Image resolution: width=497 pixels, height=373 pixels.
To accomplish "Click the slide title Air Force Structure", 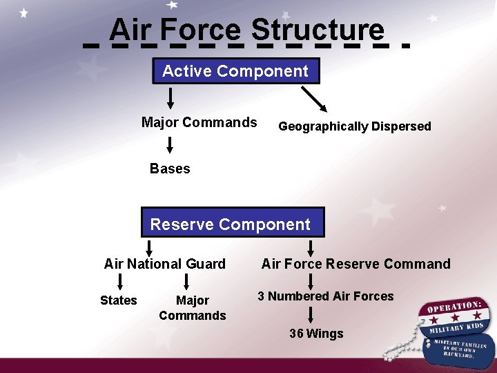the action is click(246, 30).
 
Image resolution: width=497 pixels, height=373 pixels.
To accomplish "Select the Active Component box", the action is click(235, 71).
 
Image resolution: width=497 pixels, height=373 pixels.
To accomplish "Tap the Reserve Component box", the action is click(231, 224).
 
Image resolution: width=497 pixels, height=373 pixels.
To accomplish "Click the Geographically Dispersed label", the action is click(354, 126).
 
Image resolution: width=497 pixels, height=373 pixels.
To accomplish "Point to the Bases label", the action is click(170, 169).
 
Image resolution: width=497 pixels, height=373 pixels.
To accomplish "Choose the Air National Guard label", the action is click(164, 264).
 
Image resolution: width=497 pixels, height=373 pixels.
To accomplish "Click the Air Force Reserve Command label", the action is click(355, 264).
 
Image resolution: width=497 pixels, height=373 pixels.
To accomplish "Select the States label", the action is click(119, 300).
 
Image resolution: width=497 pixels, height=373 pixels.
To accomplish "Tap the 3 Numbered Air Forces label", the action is click(326, 296).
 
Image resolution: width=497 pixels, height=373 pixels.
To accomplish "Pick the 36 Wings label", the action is click(316, 334).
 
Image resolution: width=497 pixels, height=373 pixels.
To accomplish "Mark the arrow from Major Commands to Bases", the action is click(170, 144).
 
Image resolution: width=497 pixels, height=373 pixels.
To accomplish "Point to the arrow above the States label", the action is click(120, 281).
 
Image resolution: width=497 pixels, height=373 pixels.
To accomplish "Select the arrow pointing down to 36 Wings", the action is click(311, 315).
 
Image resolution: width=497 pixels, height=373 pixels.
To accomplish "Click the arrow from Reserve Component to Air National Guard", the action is click(149, 247).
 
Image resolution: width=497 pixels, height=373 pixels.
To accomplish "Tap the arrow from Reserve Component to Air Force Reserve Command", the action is click(311, 248).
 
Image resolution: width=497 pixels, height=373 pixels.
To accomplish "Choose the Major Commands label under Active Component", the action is click(199, 123).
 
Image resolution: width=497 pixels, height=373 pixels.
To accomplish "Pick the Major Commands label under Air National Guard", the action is click(192, 308).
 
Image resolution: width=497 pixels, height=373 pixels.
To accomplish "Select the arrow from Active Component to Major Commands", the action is click(170, 98).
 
